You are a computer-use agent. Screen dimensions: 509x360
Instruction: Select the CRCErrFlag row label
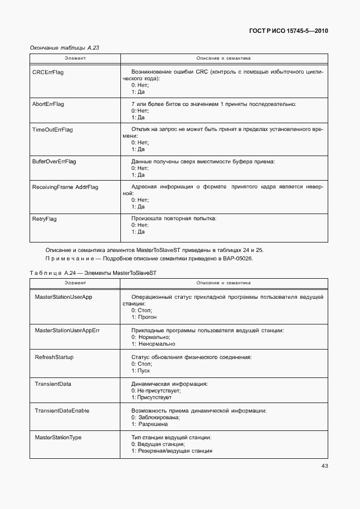coord(48,72)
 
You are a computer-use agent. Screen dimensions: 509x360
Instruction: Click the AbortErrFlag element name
coord(49,104)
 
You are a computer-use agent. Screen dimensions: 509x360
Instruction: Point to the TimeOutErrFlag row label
coord(53,130)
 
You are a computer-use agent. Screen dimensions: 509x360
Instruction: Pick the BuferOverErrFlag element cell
coord(55,162)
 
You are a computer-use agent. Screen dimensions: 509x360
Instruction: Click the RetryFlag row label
coord(45,219)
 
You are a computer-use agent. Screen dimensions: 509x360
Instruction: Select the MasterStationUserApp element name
coord(64,297)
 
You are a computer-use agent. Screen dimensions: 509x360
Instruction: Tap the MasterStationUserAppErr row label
coord(67,331)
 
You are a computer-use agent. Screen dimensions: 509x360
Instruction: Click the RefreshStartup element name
coord(54,357)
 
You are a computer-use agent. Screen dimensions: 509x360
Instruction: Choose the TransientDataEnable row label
coord(62,411)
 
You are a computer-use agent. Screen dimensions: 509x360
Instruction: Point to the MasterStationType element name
coord(58,438)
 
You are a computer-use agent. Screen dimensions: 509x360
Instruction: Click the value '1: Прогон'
coord(144,317)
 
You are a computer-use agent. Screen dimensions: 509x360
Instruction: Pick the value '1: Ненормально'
coord(153,344)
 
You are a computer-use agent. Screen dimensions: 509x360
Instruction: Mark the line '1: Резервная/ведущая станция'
coord(172,451)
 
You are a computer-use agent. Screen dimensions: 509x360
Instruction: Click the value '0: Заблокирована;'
coord(155,418)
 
